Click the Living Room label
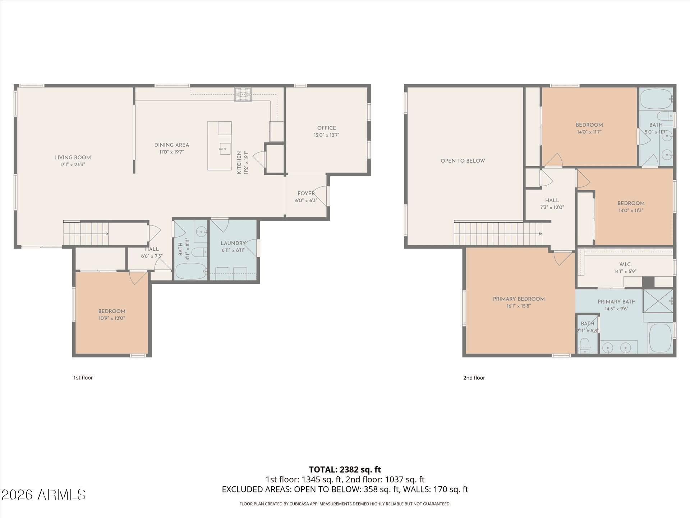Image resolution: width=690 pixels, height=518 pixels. (x=73, y=158)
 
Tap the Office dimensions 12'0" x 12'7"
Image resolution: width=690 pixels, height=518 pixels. (x=326, y=135)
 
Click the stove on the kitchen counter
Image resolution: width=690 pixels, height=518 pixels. (x=243, y=95)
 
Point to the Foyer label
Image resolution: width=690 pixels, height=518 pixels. (x=306, y=194)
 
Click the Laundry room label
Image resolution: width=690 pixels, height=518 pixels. (x=233, y=243)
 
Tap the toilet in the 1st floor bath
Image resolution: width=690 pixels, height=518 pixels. (x=199, y=252)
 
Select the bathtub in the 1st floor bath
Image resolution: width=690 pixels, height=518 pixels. (x=190, y=271)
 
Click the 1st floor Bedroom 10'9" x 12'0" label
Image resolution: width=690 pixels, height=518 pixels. (x=112, y=311)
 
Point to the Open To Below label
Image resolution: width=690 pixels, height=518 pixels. (x=463, y=161)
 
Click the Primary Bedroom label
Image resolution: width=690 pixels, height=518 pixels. (x=519, y=299)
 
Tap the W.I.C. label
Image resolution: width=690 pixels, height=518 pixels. (x=625, y=264)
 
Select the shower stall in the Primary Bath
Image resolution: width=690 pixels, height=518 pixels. (x=657, y=301)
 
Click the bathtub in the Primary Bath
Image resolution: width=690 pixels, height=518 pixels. (x=660, y=338)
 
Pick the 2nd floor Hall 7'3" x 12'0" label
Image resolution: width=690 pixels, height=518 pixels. (x=552, y=200)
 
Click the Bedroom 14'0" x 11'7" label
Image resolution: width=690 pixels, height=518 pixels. (x=589, y=125)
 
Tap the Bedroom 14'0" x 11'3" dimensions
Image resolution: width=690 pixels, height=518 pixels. (x=631, y=210)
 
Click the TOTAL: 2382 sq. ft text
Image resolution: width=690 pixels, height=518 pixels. (x=345, y=469)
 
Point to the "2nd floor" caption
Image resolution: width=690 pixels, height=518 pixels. (x=474, y=378)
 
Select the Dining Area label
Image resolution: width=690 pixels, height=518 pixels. (x=171, y=145)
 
